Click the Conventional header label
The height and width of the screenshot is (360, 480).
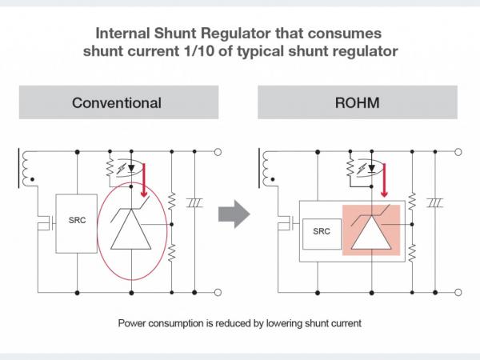pyautogui.click(x=117, y=102)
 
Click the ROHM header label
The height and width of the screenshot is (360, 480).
pyautogui.click(x=357, y=102)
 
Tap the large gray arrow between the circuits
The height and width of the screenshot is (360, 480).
pyautogui.click(x=234, y=214)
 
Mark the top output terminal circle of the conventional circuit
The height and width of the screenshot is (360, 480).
pyautogui.click(x=218, y=150)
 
